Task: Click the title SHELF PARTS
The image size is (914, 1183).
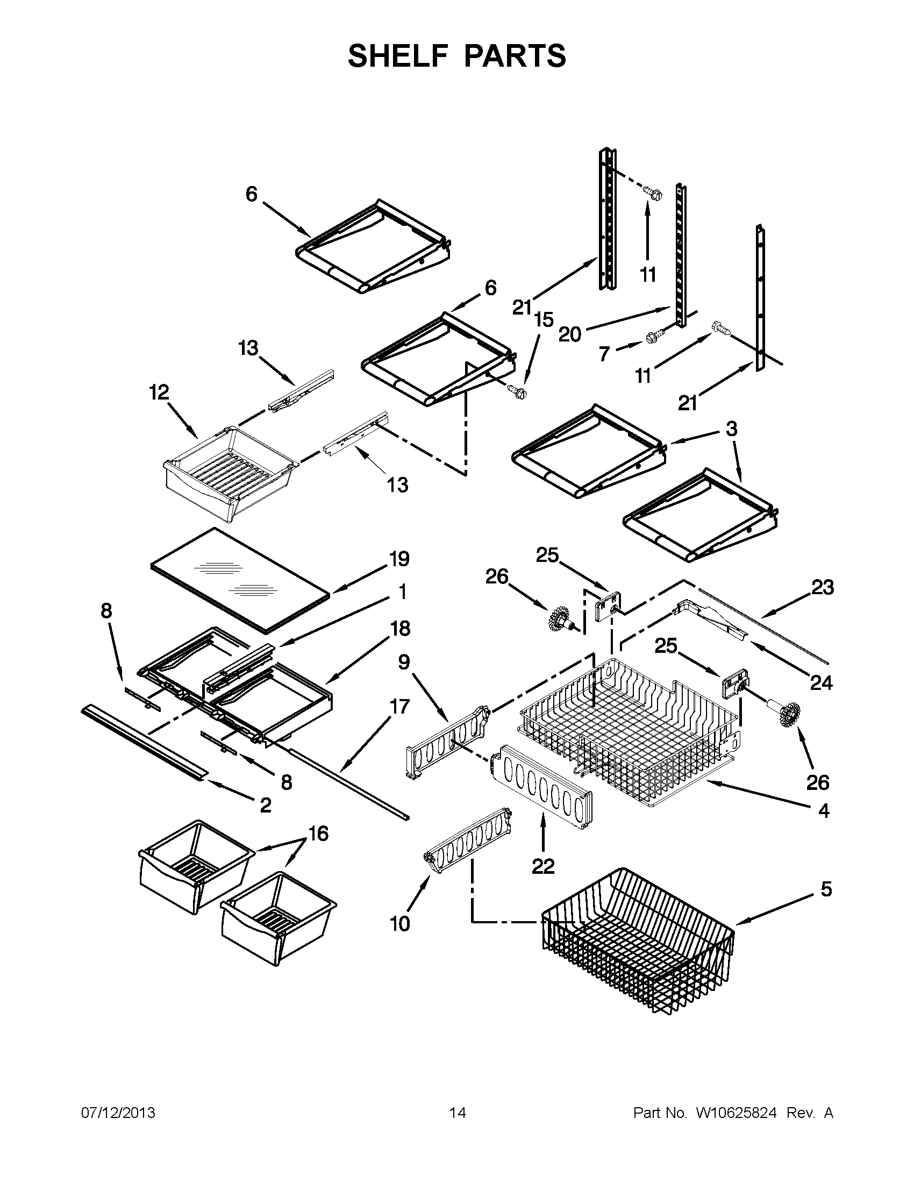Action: coord(456,56)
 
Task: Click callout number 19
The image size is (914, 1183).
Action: coord(399,559)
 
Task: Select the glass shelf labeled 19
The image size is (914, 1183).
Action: coord(238,580)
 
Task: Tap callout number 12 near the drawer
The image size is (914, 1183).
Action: coord(159,392)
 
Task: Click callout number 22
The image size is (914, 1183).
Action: coord(542,866)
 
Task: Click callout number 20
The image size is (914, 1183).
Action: coord(569,334)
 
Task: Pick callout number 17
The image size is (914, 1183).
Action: coord(399,707)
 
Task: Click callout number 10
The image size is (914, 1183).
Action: coord(399,923)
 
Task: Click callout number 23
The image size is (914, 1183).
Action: coord(822,587)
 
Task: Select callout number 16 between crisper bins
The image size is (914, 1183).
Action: coord(318,833)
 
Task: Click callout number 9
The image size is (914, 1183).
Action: coord(404,662)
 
